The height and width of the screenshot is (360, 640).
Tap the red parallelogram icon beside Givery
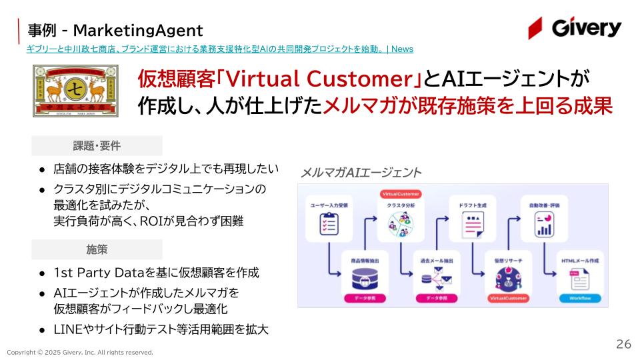535,29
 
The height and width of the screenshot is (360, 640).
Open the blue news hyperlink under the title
220,49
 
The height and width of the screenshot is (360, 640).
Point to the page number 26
623,344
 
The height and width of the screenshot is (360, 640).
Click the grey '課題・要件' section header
97,146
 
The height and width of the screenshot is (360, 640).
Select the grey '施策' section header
97,249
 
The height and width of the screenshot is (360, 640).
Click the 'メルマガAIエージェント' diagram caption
361,173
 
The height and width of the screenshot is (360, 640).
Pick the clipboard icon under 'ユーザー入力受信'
328,225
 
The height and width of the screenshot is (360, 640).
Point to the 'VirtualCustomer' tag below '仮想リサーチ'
509,298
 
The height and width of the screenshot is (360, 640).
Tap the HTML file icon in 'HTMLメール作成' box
581,278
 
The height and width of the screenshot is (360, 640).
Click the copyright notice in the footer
80,352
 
